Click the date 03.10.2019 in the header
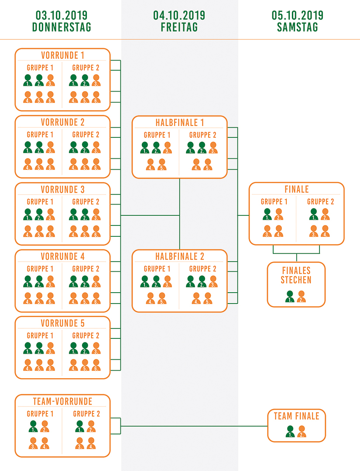pos(62,16)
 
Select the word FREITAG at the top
pos(179,27)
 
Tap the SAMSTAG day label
pos(297,27)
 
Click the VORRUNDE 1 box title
pos(62,55)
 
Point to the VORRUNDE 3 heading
pos(62,190)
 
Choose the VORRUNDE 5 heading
pos(62,324)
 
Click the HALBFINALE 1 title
pos(179,123)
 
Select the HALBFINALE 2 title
pos(179,256)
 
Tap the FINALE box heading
pos(296,189)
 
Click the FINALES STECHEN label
pos(296,274)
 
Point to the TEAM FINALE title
pos(296,416)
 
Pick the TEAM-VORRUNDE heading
pos(62,402)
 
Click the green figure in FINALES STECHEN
pos(289,297)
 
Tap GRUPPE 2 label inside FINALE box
pos(320,201)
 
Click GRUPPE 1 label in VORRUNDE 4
pos(40,269)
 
